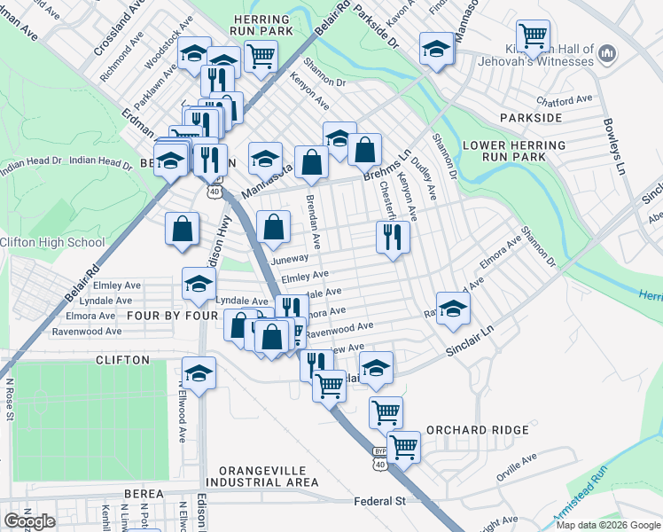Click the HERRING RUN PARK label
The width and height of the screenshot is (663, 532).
coord(261,26)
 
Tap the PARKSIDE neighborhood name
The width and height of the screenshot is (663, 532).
coord(531,117)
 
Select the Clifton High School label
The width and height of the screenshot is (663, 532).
coord(52,242)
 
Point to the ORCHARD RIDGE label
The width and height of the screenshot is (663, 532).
coord(478,430)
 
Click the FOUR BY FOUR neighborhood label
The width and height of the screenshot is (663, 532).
coord(172,315)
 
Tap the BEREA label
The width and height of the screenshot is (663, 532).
coord(144,493)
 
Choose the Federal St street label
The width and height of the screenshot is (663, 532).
coord(379,501)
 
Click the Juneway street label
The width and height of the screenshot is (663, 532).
coord(289,259)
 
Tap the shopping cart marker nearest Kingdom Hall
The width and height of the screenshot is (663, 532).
coord(534,36)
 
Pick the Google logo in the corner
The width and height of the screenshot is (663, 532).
coord(29,521)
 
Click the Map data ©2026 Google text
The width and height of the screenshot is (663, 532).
coord(608,525)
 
